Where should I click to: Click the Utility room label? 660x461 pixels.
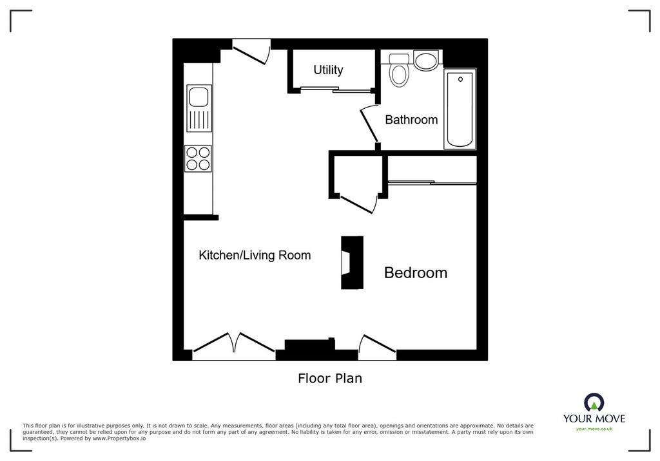(328, 70)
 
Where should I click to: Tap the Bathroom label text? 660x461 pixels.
(411, 120)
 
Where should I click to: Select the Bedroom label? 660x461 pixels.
(416, 272)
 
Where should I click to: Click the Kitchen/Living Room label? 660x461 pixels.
(255, 255)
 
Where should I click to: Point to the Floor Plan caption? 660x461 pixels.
(330, 378)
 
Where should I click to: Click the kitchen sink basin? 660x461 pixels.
(199, 97)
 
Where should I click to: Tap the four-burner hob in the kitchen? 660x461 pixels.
(199, 158)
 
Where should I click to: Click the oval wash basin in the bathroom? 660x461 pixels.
(426, 59)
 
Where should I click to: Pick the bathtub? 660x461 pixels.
(460, 109)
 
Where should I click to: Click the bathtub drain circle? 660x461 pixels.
(460, 79)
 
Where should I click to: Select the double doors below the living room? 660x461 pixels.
(233, 343)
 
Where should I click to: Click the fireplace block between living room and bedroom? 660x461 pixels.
(352, 263)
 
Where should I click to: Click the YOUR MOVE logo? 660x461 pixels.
(594, 408)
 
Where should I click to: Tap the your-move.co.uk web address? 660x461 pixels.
(594, 429)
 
